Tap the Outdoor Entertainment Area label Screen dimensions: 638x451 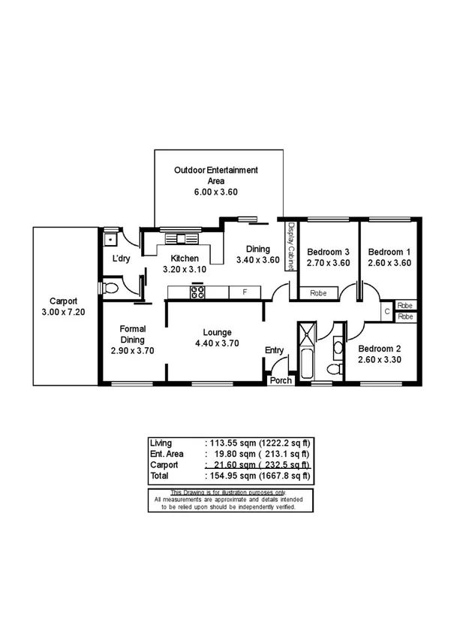[x=216, y=175]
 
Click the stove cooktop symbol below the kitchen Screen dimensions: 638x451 [x=198, y=292]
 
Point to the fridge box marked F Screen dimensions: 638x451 [x=244, y=292]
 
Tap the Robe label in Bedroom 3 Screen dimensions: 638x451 [x=317, y=294]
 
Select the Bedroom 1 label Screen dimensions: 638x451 [x=388, y=252]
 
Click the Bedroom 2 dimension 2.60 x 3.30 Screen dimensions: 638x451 [x=382, y=360]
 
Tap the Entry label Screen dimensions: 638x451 [x=274, y=350]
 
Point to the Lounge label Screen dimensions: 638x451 [x=216, y=332]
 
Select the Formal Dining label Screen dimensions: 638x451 [x=132, y=334]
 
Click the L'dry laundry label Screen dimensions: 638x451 [x=122, y=259]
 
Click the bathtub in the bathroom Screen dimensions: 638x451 [x=308, y=353]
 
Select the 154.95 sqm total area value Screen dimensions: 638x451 [x=229, y=476]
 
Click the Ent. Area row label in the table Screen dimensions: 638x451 [x=167, y=454]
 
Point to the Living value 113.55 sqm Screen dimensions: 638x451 [x=229, y=443]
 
